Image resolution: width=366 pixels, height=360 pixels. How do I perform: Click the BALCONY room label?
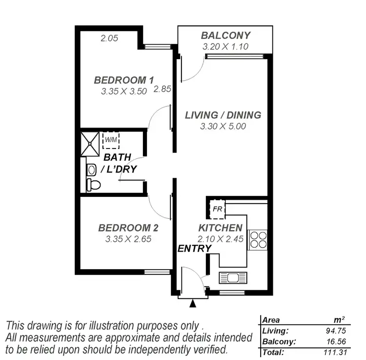tap(226, 35)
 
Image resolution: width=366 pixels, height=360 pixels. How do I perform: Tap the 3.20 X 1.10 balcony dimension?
tap(226, 47)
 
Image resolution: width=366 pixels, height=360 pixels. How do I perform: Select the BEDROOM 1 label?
tap(124, 80)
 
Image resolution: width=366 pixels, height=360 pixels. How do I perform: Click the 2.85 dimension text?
tap(162, 89)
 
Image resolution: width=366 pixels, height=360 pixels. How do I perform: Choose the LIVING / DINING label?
tap(223, 115)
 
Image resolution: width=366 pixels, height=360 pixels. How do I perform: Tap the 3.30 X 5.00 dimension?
tap(223, 126)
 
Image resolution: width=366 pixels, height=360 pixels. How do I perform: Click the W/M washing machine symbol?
tap(111, 139)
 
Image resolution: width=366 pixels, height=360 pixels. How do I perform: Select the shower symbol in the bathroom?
tap(89, 142)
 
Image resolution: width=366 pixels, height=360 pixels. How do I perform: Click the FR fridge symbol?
tap(217, 209)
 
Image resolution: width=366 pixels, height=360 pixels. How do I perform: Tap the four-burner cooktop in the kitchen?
tap(257, 240)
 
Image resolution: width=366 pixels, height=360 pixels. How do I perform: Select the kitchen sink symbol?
tap(233, 278)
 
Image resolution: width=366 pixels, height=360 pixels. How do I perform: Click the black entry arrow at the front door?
tap(193, 304)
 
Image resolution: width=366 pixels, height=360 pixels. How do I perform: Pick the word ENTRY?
tap(194, 249)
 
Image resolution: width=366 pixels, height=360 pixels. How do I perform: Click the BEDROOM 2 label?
tap(128, 228)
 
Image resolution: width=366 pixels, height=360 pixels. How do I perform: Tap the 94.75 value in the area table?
tap(335, 331)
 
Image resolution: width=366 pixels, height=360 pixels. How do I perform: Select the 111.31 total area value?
tap(335, 352)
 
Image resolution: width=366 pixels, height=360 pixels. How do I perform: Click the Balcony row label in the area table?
tap(279, 341)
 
